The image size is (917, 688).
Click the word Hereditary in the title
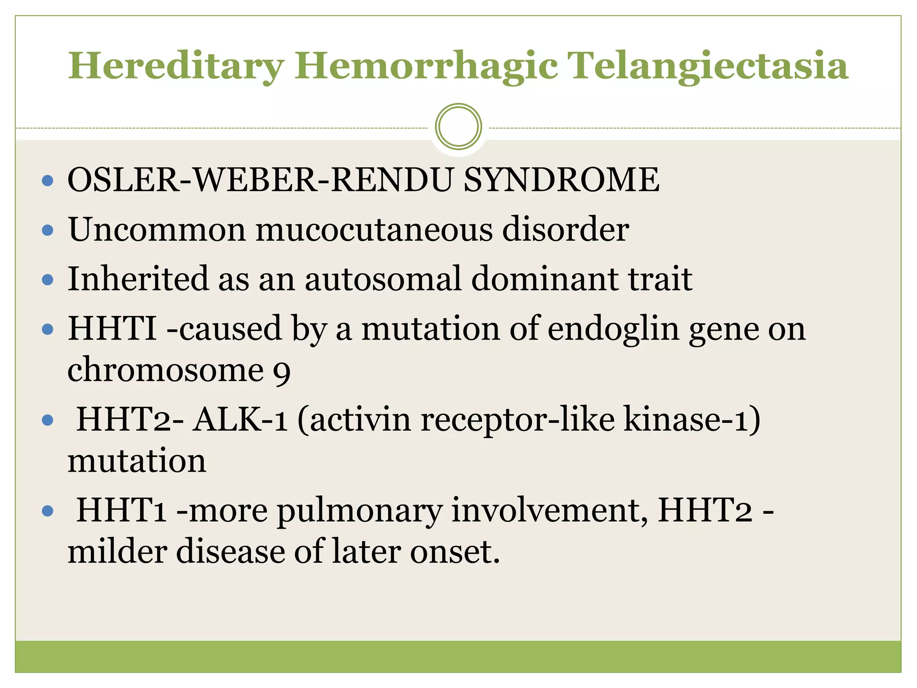coord(176,66)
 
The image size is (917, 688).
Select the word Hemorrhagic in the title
coord(425,66)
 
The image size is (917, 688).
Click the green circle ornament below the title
coord(458,127)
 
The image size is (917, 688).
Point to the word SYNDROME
coord(561,180)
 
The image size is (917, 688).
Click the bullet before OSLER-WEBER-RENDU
coord(47,181)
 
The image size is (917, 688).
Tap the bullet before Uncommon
coord(47,231)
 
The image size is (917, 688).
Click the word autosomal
coord(383,279)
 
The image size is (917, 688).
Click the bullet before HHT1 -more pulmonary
coord(47,511)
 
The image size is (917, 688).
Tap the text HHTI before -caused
coord(112,329)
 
